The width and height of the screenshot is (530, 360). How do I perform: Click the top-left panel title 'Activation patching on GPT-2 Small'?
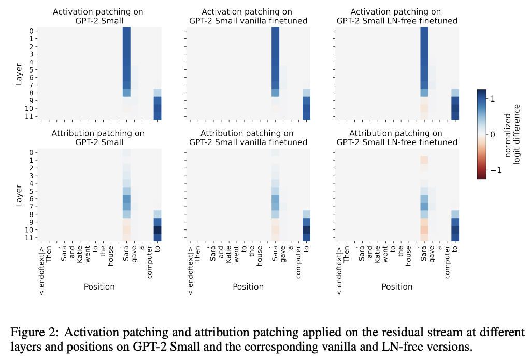(97, 16)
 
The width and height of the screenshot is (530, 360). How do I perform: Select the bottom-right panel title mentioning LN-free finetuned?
(397, 138)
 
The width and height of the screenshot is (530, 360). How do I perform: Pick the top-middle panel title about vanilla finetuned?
(247, 16)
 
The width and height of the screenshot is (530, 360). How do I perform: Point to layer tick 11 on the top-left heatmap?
(31, 117)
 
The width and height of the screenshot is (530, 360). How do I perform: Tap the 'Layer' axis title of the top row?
(19, 74)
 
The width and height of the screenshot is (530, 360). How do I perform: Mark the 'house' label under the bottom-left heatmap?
(111, 258)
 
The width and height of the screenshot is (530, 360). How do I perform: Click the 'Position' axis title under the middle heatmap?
(248, 286)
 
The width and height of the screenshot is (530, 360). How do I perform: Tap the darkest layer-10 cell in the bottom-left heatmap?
(157, 229)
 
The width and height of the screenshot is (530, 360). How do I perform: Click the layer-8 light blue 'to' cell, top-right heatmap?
(455, 93)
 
